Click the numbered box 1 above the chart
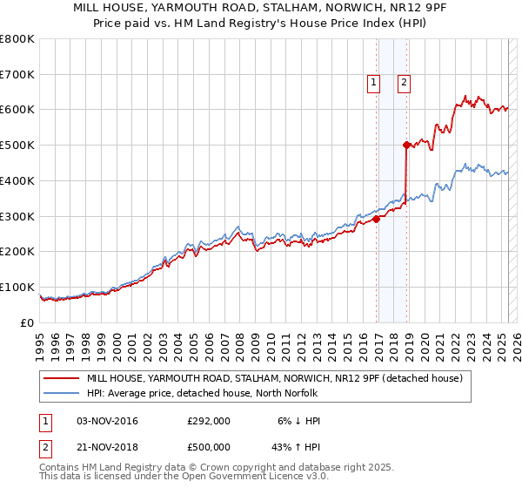tap(373, 83)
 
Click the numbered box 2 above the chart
tap(405, 83)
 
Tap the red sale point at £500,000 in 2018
tap(406, 146)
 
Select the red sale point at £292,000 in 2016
tap(377, 220)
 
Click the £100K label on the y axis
tap(17, 287)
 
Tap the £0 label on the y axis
tap(26, 322)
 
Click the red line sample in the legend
tap(63, 378)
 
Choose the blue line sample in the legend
tap(63, 393)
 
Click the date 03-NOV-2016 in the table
tap(107, 421)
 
